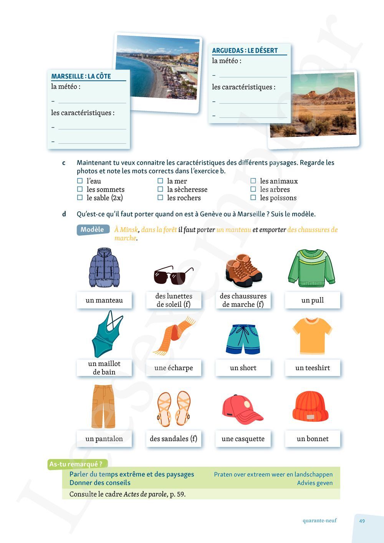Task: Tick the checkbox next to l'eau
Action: click(80, 181)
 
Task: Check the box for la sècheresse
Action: click(160, 189)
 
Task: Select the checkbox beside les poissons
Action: click(253, 198)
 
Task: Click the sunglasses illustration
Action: click(174, 275)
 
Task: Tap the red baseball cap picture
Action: click(242, 409)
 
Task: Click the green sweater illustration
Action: click(312, 268)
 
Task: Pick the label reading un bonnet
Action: click(312, 439)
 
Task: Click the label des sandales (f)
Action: click(174, 439)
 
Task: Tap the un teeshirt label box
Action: click(312, 368)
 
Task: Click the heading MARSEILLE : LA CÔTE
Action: click(81, 76)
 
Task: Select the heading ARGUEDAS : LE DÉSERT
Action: click(245, 50)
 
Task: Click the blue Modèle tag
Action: click(92, 230)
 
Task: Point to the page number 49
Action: click(362, 521)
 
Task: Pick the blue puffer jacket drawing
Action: click(104, 268)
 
